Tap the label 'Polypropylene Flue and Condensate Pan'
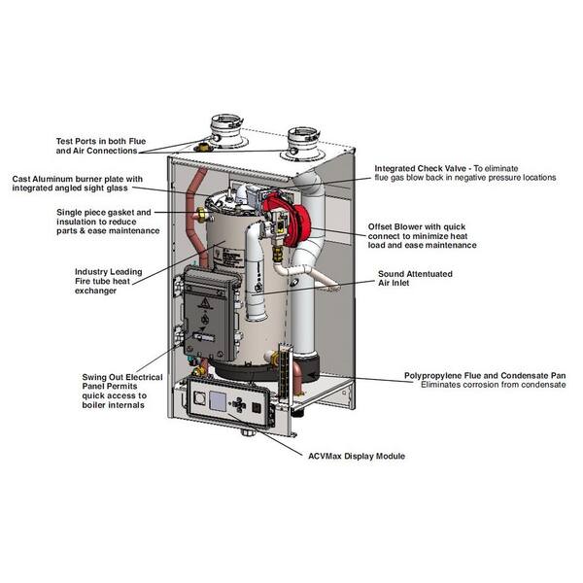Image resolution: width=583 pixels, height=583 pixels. (485, 375)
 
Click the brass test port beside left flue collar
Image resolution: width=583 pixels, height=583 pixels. (203, 146)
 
